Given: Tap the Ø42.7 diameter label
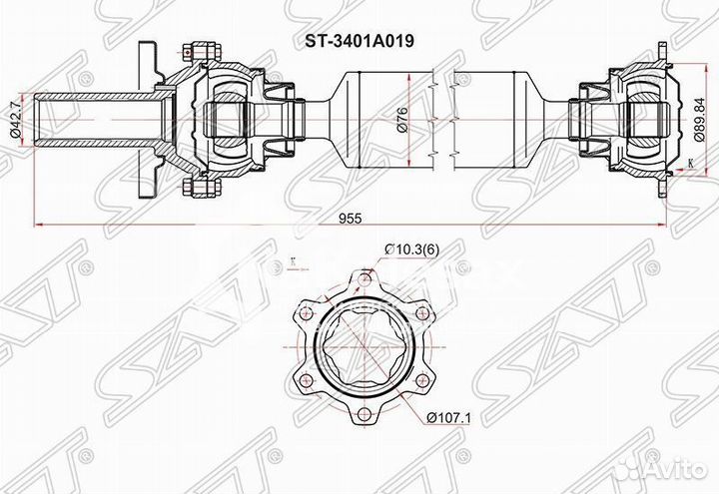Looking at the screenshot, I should (x=14, y=119).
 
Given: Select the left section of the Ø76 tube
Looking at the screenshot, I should (x=384, y=119).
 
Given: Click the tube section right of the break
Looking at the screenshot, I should (x=489, y=119).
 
